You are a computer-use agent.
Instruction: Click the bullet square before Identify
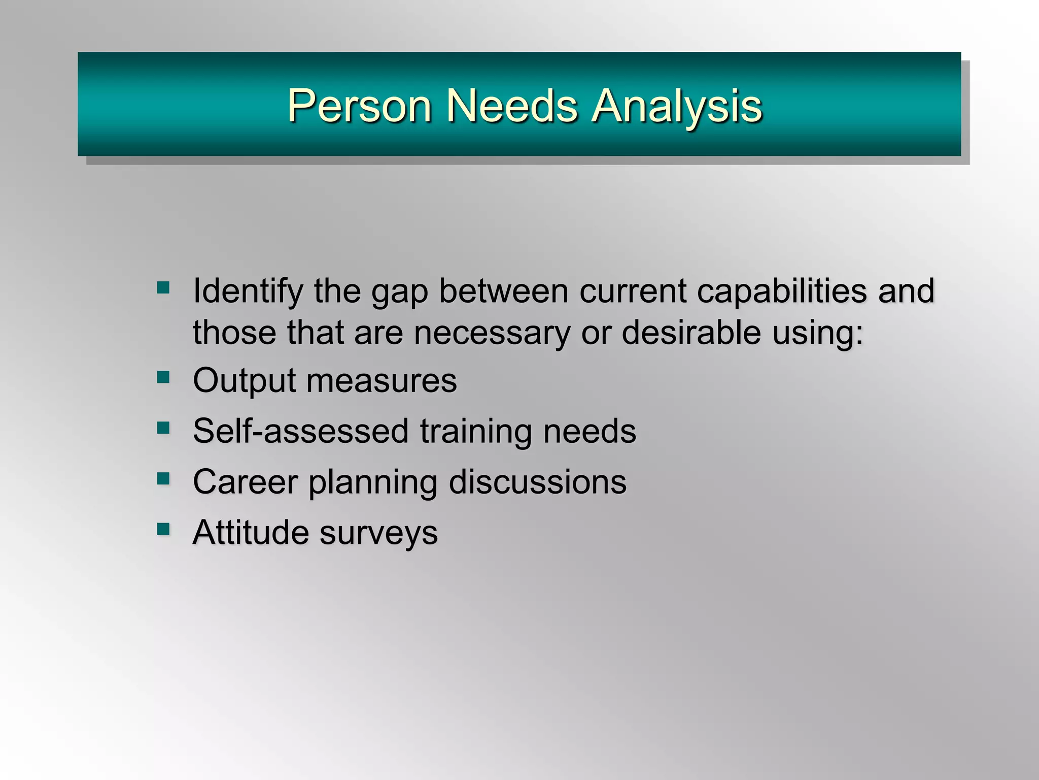pyautogui.click(x=163, y=288)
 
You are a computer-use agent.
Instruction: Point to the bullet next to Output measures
pyautogui.click(x=163, y=377)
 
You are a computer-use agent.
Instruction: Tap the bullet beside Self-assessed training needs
pyautogui.click(x=163, y=428)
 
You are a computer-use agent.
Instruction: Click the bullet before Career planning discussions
pyautogui.click(x=163, y=478)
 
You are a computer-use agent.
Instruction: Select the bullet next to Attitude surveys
pyautogui.click(x=163, y=529)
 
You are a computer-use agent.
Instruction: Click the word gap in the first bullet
pyautogui.click(x=400, y=292)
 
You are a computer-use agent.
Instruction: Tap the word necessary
pyautogui.click(x=492, y=333)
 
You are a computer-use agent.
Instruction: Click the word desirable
pyautogui.click(x=691, y=333)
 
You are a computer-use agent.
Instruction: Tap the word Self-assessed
pyautogui.click(x=300, y=431)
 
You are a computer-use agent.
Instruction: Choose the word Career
pyautogui.click(x=245, y=482)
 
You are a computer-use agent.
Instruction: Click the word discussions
pyautogui.click(x=538, y=482)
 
